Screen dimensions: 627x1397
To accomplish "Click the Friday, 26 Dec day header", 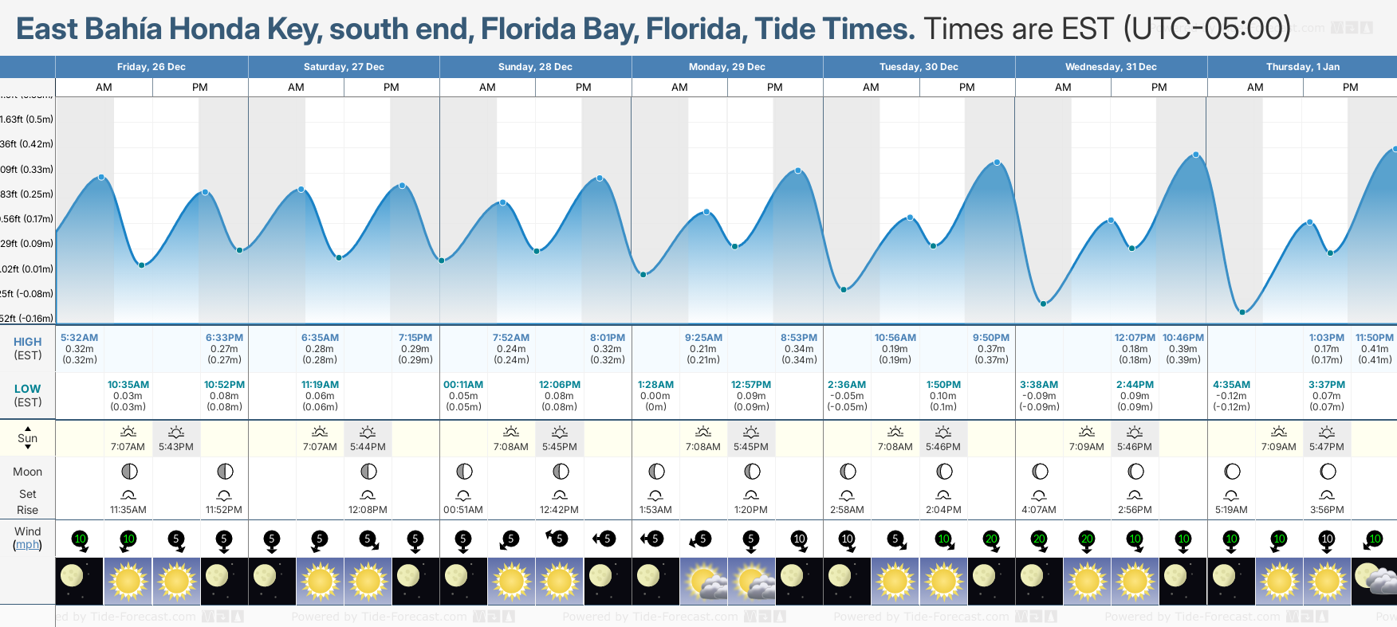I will tap(152, 67).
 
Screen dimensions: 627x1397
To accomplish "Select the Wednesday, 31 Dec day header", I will tap(1111, 67).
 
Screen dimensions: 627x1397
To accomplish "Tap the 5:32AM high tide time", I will tap(80, 338).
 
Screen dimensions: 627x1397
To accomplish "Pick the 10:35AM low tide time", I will tap(128, 385).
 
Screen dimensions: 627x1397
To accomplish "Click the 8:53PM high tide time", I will tap(799, 338).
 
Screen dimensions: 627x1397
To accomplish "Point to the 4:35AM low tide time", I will tap(1231, 385).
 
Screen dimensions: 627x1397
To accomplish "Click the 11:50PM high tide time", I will tap(1375, 338).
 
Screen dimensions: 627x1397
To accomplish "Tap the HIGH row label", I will tap(28, 342).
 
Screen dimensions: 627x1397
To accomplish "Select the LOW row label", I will tap(28, 389).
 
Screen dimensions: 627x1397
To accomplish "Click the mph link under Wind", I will tap(28, 545).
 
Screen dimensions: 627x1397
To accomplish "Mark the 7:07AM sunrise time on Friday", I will tap(128, 447).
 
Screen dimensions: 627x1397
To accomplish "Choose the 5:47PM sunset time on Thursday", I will tap(1327, 447).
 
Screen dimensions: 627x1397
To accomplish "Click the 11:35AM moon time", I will tap(128, 510).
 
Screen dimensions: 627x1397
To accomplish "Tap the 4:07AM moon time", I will tap(1039, 510).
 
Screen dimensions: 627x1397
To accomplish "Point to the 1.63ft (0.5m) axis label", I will tap(27, 120).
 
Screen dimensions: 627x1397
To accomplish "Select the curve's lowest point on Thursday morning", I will tap(1242, 312).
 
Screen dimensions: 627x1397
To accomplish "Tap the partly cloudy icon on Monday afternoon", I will tap(751, 581).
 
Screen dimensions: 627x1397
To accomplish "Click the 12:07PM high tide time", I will tap(1135, 338).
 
